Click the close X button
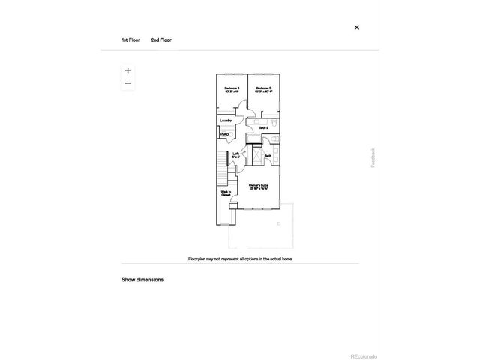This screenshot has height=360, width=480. tap(357, 28)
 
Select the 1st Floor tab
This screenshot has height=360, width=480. tap(130, 39)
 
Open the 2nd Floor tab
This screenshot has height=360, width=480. tap(160, 39)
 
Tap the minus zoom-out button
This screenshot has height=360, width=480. tap(127, 83)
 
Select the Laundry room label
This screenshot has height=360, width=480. tap(226, 120)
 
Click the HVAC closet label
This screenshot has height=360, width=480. tap(224, 134)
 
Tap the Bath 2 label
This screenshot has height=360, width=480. tap(264, 128)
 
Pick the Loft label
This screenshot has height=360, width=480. tap(235, 155)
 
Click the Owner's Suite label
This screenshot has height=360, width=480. tap(259, 186)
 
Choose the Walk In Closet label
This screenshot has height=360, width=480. tap(225, 193)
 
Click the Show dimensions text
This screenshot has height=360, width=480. tap(142, 279)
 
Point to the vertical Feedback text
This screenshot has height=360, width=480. tap(373, 157)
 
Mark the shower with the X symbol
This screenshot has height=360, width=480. tap(258, 156)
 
